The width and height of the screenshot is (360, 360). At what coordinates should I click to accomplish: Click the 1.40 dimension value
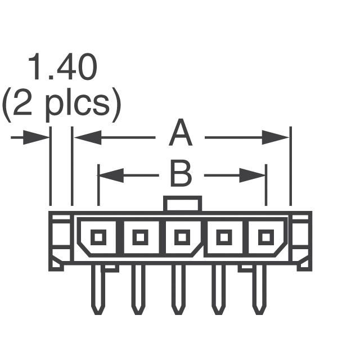[62, 68]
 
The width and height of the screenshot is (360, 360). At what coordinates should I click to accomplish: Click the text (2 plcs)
[61, 105]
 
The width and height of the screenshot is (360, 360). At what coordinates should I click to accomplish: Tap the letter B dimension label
[181, 175]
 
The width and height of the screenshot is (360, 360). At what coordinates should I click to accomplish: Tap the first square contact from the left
[98, 237]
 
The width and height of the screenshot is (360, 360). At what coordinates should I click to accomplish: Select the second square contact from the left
[139, 237]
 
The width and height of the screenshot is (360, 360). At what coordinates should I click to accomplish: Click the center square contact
[181, 237]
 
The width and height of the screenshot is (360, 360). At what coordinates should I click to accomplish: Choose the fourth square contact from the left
[223, 237]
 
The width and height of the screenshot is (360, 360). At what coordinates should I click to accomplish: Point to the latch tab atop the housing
[182, 204]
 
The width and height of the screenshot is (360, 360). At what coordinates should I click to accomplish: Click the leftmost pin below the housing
[97, 290]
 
